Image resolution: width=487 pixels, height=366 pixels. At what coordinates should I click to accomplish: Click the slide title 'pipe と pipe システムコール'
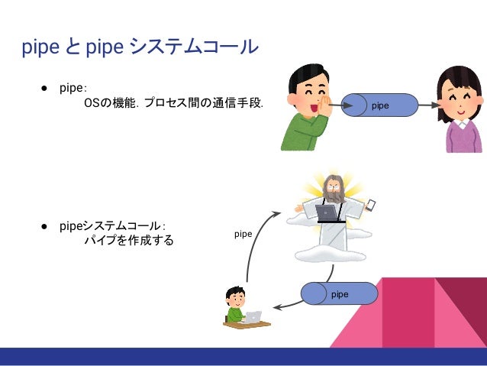click(140, 48)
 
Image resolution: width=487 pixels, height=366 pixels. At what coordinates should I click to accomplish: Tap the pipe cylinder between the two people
click(380, 105)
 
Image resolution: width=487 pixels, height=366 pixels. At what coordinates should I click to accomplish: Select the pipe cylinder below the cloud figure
click(340, 293)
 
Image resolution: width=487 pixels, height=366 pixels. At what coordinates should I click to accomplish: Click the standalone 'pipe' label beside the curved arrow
click(243, 234)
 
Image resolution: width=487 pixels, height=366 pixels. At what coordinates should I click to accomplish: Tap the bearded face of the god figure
click(333, 186)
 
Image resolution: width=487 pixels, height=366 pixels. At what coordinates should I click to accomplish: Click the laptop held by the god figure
click(328, 212)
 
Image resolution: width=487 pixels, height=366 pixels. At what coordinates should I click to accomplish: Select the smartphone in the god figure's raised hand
click(372, 205)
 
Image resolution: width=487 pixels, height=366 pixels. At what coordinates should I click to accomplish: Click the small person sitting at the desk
click(235, 303)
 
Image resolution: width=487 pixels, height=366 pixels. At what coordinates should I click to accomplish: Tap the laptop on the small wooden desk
click(253, 316)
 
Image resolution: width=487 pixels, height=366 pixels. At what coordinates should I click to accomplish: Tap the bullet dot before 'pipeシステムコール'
click(46, 227)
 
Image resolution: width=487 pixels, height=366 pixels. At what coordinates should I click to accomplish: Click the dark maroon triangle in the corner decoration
click(467, 306)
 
